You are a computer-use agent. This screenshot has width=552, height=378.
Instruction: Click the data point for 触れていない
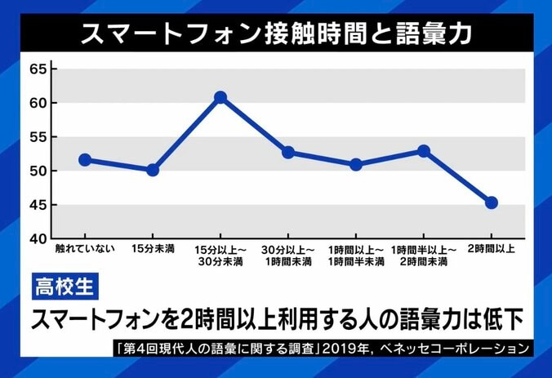click(x=85, y=160)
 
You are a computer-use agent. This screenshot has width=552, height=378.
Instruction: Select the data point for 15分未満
click(x=153, y=170)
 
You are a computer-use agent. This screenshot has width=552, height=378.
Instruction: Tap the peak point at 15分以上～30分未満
click(x=220, y=97)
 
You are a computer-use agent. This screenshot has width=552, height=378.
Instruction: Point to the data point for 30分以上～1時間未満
click(x=287, y=153)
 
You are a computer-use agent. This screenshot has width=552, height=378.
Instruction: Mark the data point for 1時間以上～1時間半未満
click(x=355, y=164)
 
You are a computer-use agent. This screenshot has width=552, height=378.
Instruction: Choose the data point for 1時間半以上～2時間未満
click(x=423, y=151)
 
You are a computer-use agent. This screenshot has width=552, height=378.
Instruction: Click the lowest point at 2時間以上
click(x=491, y=202)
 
